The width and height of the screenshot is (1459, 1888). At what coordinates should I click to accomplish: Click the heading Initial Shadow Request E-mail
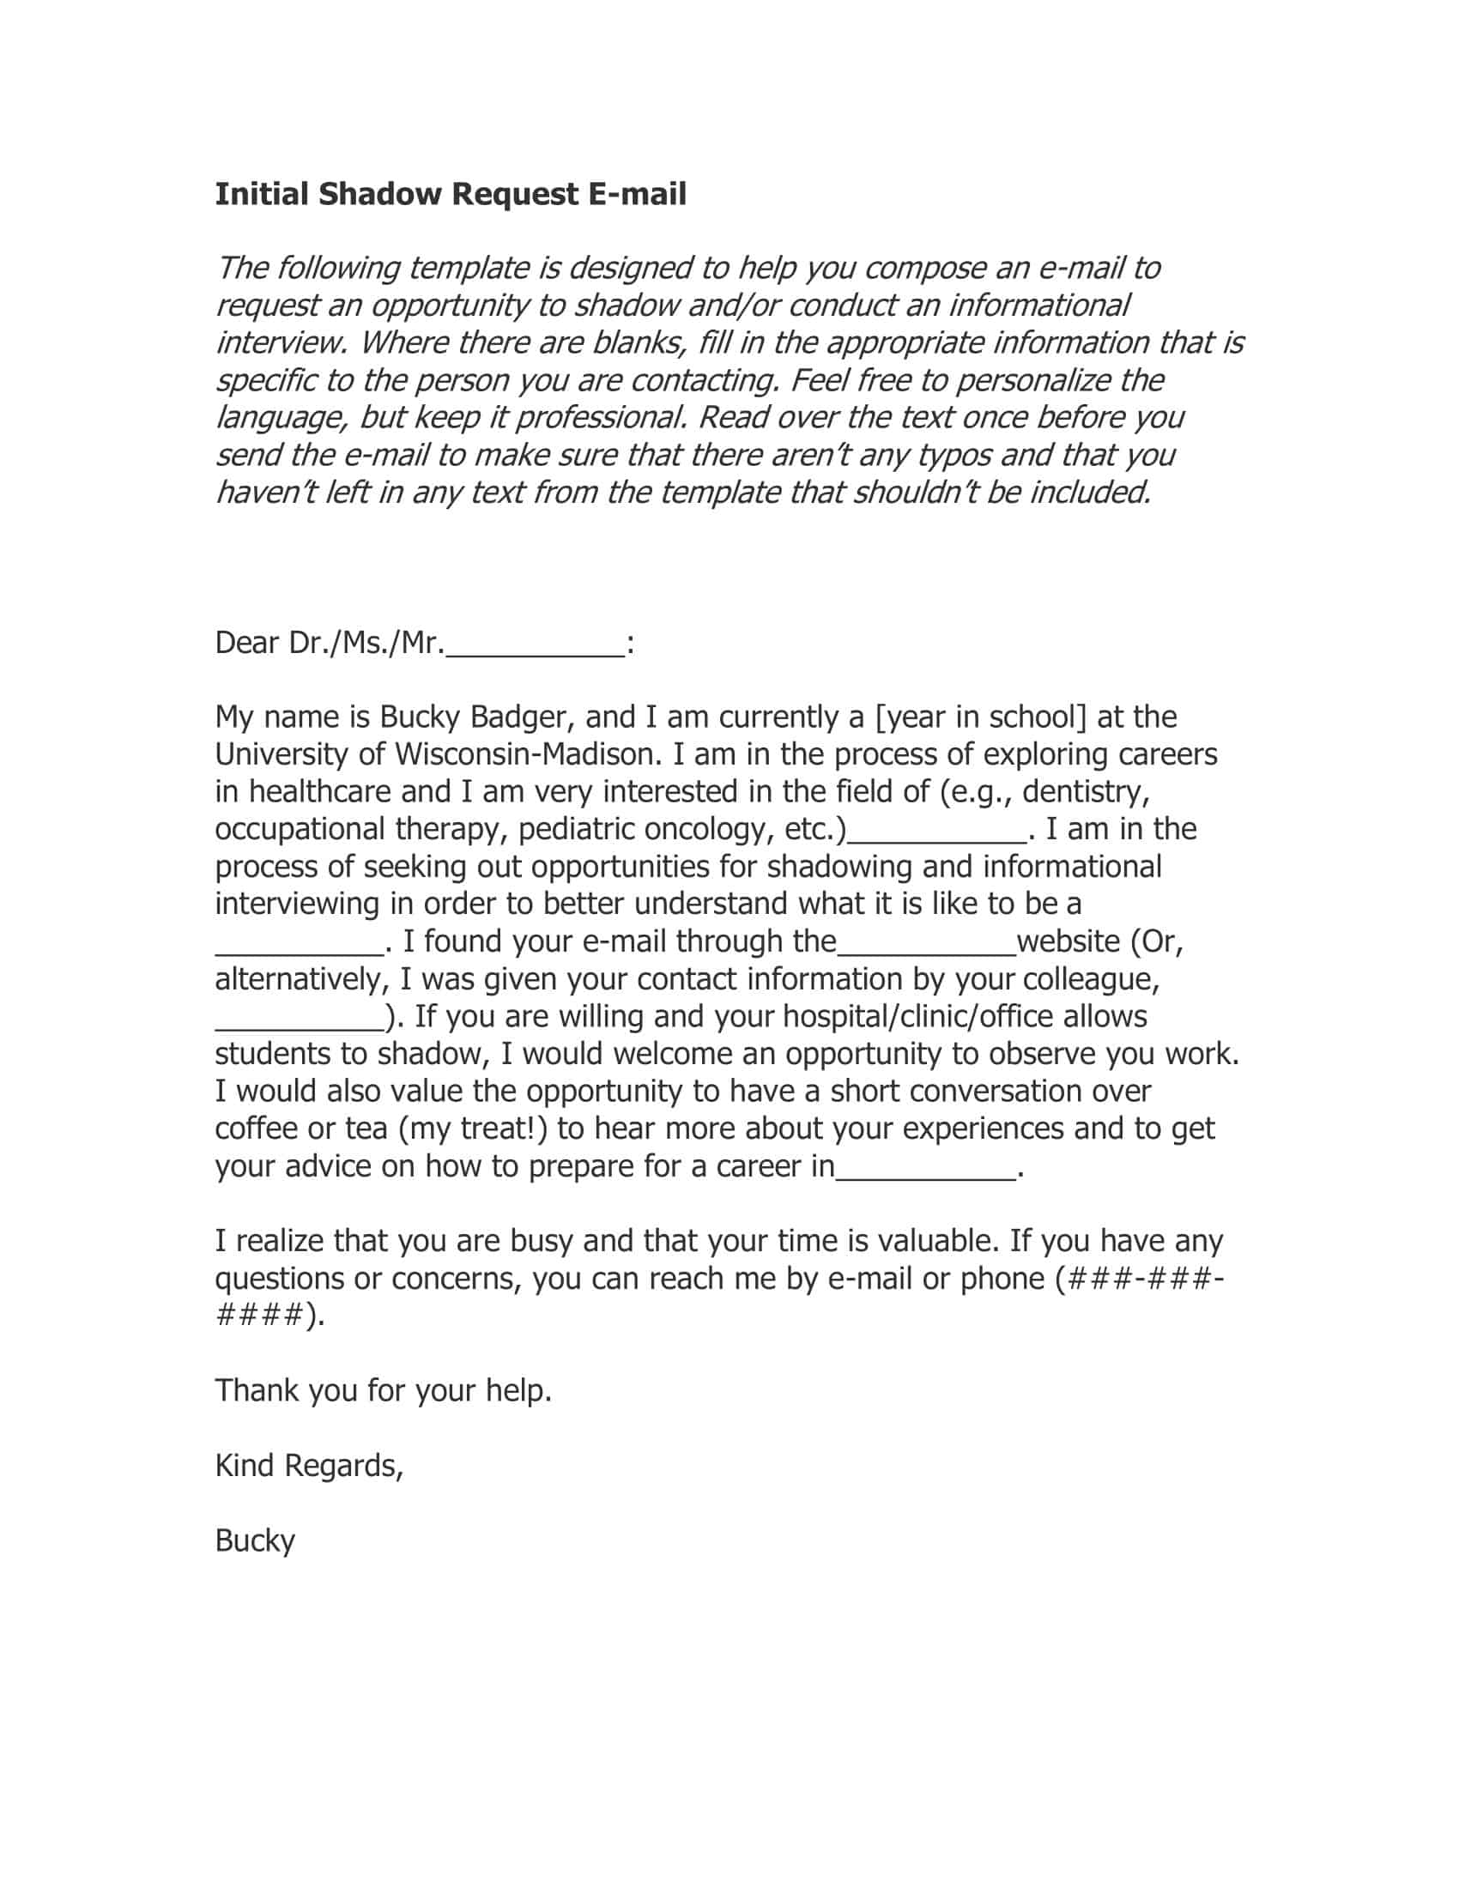pos(451,195)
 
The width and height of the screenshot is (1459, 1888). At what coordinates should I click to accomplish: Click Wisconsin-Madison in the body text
pos(528,754)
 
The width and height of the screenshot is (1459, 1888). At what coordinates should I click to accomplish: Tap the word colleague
pos(1091,979)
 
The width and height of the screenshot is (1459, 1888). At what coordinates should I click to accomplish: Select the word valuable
pos(939,1242)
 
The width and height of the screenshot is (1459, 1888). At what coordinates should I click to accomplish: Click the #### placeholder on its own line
pos(259,1316)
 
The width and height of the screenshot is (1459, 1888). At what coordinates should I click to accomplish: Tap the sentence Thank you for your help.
pos(383,1391)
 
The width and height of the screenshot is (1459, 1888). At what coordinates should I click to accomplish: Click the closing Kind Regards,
pos(309,1466)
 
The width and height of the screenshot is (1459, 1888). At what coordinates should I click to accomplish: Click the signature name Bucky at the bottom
pos(255,1541)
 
